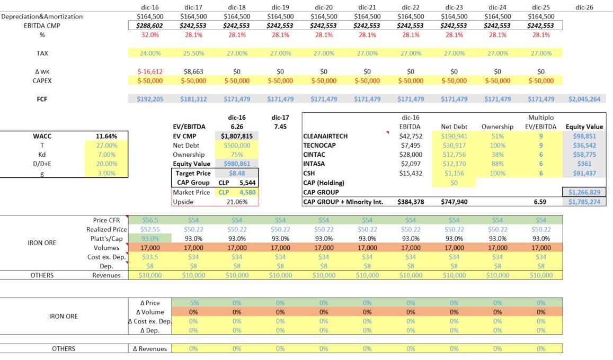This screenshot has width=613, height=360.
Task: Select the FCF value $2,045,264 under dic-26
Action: pyautogui.click(x=584, y=99)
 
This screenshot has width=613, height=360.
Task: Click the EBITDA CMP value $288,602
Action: pyautogui.click(x=150, y=26)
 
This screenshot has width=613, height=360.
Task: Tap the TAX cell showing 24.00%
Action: pyautogui.click(x=150, y=53)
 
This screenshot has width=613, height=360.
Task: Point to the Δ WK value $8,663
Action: pyautogui.click(x=193, y=71)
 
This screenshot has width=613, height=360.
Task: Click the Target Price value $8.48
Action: pyautogui.click(x=237, y=173)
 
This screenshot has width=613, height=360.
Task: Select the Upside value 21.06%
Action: pyautogui.click(x=237, y=202)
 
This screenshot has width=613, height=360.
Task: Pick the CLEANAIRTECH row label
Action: pyautogui.click(x=326, y=136)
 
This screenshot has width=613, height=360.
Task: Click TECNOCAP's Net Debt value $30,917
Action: pyautogui.click(x=454, y=146)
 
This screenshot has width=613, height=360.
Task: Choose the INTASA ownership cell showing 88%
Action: pyautogui.click(x=497, y=164)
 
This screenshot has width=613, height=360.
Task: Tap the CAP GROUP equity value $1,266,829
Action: pyautogui.click(x=584, y=192)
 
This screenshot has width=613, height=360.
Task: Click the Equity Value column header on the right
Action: pyautogui.click(x=584, y=127)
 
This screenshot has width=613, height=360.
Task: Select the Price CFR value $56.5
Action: pyautogui.click(x=150, y=220)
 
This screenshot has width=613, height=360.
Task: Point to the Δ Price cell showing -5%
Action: pyautogui.click(x=193, y=303)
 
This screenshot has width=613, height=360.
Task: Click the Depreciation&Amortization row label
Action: pyautogui.click(x=42, y=17)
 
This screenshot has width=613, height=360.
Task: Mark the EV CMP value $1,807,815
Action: pyautogui.click(x=237, y=136)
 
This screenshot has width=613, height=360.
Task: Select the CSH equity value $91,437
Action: pyautogui.click(x=584, y=173)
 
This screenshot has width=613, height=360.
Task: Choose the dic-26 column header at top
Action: pyautogui.click(x=584, y=7)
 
